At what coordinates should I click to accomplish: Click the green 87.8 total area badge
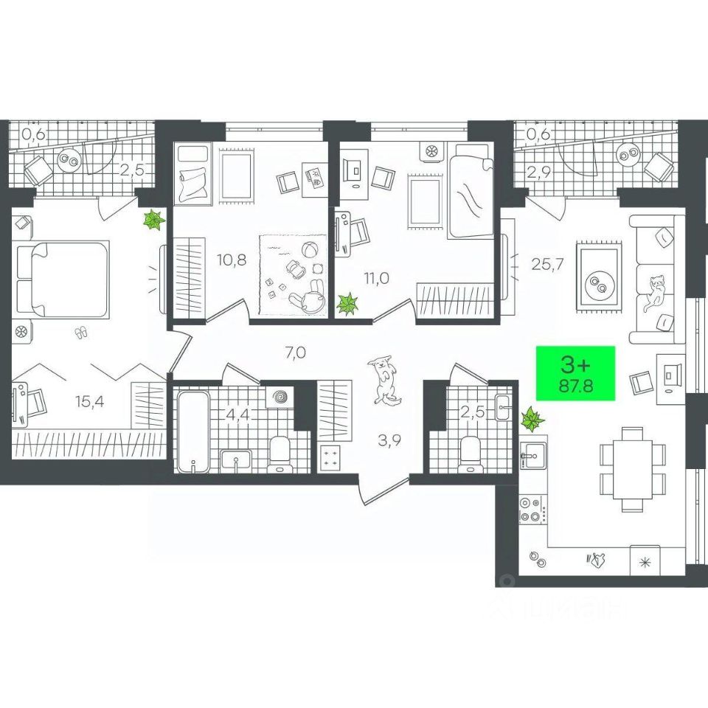[x=576, y=374]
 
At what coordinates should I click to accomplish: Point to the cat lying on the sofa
[x=654, y=292]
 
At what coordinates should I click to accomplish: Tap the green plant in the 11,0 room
[x=347, y=303]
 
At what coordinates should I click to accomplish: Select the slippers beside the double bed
[x=80, y=333]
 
